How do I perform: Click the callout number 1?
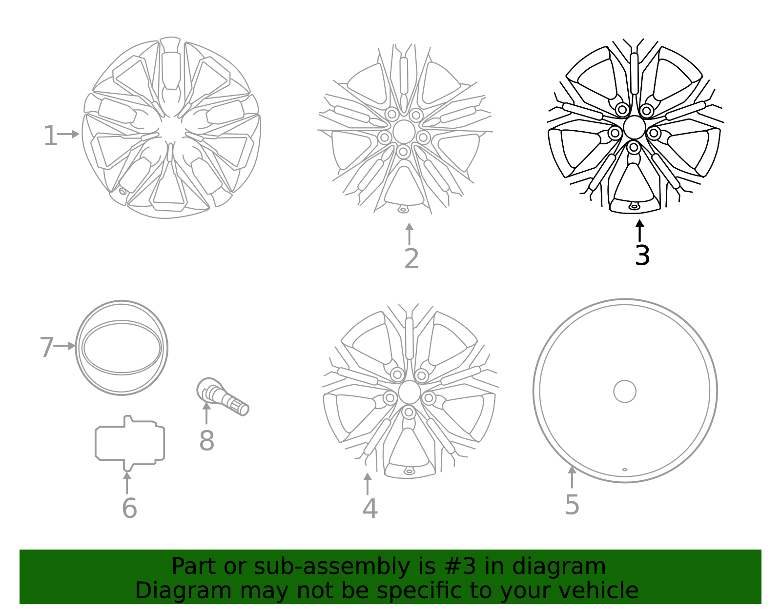50,136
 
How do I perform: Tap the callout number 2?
411,259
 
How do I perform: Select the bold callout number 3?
642,255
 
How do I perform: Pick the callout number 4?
370,509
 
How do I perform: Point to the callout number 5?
572,504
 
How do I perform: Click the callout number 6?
129,508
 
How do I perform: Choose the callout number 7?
46,347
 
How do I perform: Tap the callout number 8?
206,440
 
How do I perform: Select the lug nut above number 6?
130,443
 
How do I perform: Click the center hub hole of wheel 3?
634,128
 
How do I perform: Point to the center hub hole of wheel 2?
404,132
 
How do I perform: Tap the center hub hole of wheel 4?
409,393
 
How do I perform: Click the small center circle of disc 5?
625,391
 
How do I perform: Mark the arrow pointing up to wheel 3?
639,230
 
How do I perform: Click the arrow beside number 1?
69,134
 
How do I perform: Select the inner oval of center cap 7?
122,347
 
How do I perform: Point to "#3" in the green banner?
460,567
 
